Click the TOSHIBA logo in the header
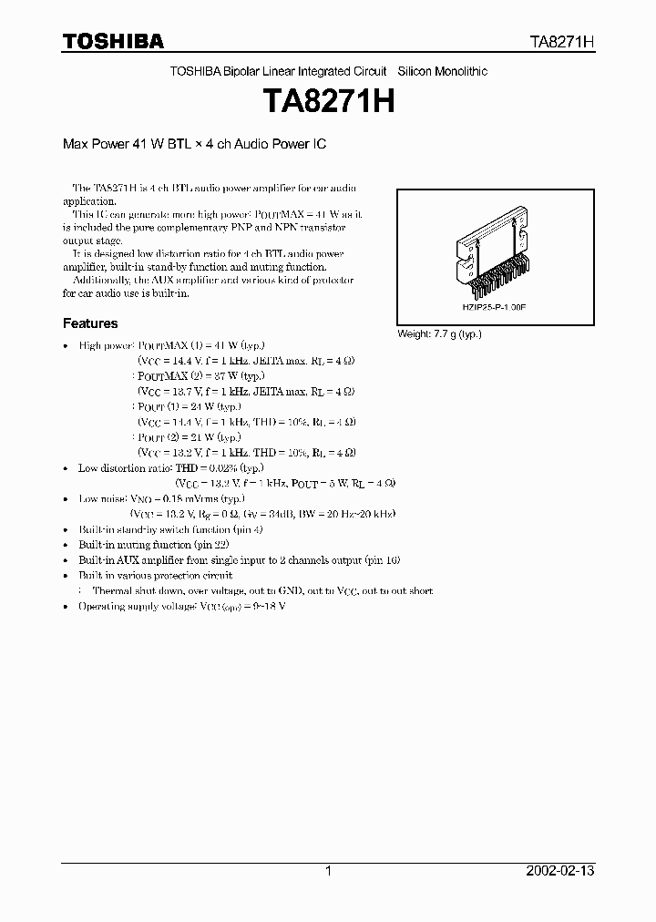click(x=113, y=41)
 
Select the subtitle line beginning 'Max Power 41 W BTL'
click(x=194, y=144)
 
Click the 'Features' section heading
click(x=90, y=323)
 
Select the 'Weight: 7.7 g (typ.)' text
click(x=439, y=334)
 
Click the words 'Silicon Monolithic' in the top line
click(x=443, y=71)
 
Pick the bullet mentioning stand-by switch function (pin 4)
click(x=171, y=529)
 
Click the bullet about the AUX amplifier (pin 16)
click(x=239, y=560)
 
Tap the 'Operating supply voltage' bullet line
click(x=182, y=606)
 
